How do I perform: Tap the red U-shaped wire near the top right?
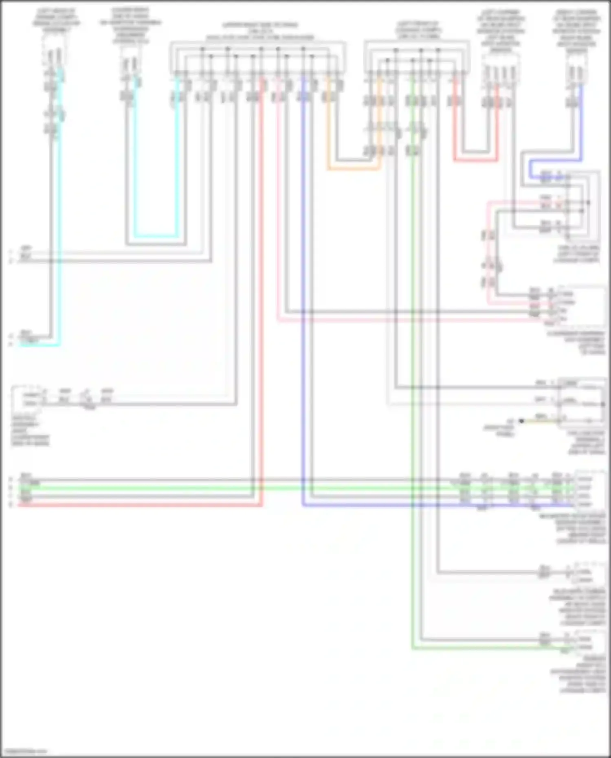(476, 160)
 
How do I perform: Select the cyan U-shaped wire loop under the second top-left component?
(156, 236)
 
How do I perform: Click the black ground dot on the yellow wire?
(521, 421)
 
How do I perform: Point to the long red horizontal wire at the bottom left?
(138, 505)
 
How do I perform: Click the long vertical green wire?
(412, 367)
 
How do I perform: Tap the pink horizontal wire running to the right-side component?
(407, 321)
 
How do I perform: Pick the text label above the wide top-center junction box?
(260, 31)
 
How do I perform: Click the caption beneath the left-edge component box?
(30, 431)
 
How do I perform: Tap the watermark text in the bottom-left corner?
(24, 751)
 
